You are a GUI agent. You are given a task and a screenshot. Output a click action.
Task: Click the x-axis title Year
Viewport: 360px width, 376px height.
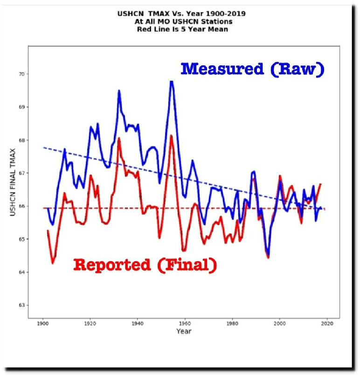184,332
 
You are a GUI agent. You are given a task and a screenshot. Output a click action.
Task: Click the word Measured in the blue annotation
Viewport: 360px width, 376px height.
222,69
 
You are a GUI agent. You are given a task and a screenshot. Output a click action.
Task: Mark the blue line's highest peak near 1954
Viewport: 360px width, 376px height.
172,82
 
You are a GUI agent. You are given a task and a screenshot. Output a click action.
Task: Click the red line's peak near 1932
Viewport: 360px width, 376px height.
119,138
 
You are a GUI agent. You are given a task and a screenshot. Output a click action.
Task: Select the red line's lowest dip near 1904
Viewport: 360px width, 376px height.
53,263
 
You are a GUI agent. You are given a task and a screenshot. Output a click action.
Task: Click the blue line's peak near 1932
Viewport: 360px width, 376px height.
119,91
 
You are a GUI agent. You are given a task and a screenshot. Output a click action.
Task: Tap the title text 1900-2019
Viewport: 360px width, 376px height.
225,14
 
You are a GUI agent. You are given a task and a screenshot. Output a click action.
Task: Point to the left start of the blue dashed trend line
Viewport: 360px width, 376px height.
43,148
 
